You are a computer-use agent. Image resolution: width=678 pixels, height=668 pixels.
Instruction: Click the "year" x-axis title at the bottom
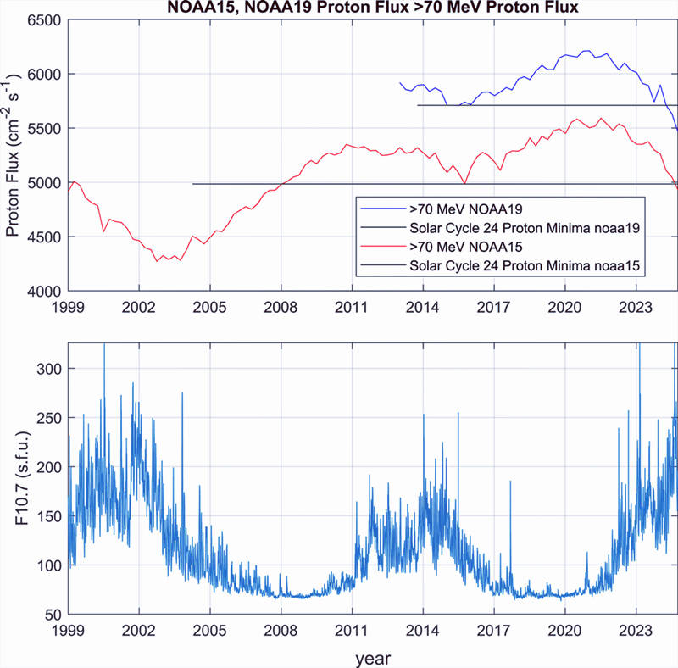[x=374, y=656]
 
